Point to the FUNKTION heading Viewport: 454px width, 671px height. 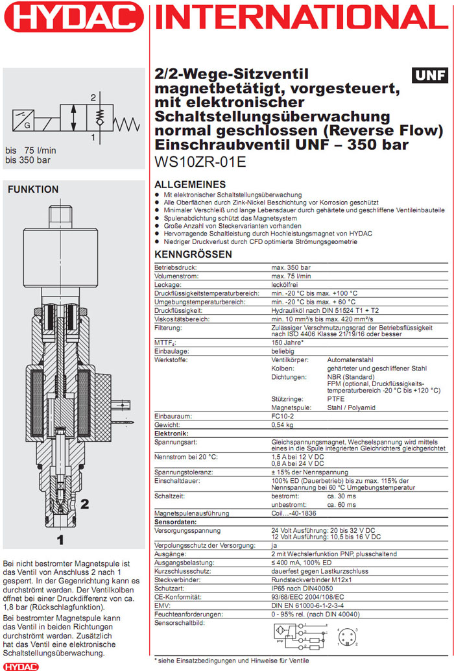pyautogui.click(x=32, y=189)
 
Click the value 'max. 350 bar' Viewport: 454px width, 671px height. pyautogui.click(x=291, y=267)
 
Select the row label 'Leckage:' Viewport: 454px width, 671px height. pyautogui.click(x=167, y=285)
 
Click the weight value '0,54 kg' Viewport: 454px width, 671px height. pyautogui.click(x=282, y=424)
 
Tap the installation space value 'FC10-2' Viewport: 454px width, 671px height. pyautogui.click(x=282, y=415)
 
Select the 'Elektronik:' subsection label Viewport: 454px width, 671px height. pyautogui.click(x=171, y=433)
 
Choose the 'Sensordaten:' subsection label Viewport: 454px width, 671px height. pyautogui.click(x=175, y=521)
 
